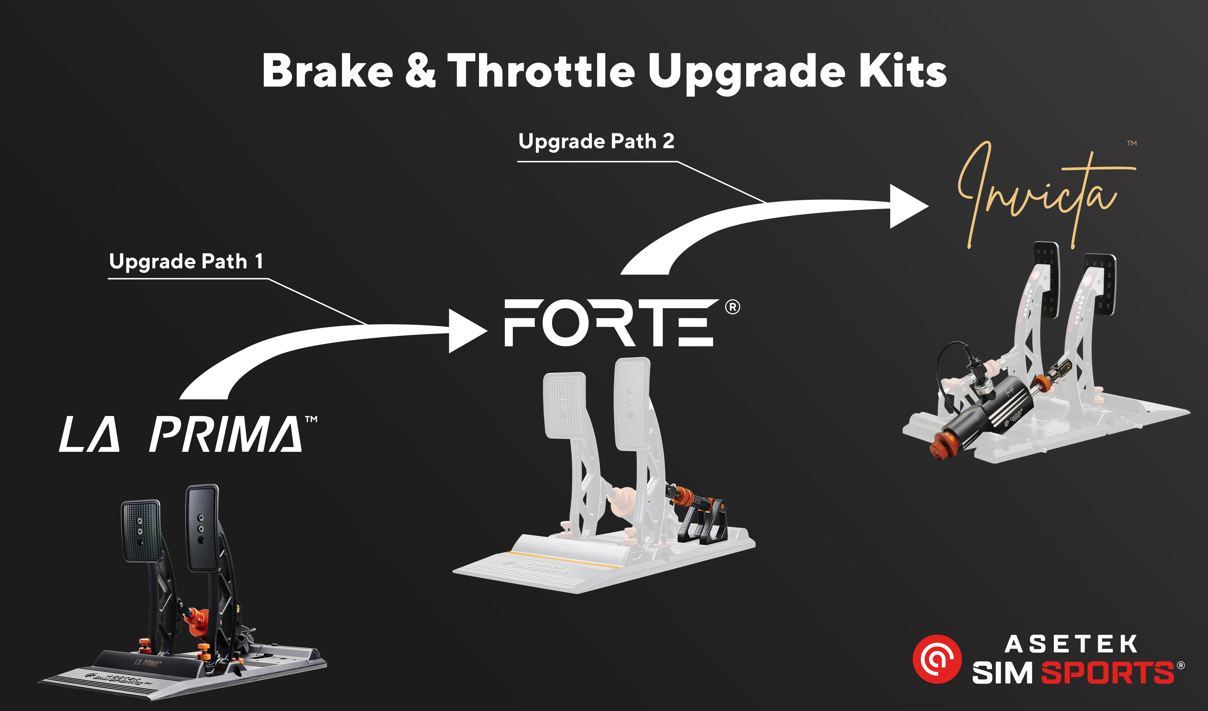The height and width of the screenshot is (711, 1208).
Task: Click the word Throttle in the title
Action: pos(542,71)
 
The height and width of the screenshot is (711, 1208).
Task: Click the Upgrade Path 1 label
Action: pos(186,262)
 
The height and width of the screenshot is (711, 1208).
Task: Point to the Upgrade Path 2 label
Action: pos(596,141)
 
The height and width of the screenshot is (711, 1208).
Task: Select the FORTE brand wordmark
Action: pos(609,322)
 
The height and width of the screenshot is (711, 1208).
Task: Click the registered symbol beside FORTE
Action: pos(732,307)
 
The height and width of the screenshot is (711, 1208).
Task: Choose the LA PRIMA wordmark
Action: pos(181,434)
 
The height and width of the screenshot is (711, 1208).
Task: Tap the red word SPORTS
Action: pos(1107,673)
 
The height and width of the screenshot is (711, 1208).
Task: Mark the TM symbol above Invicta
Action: pos(1132,143)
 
